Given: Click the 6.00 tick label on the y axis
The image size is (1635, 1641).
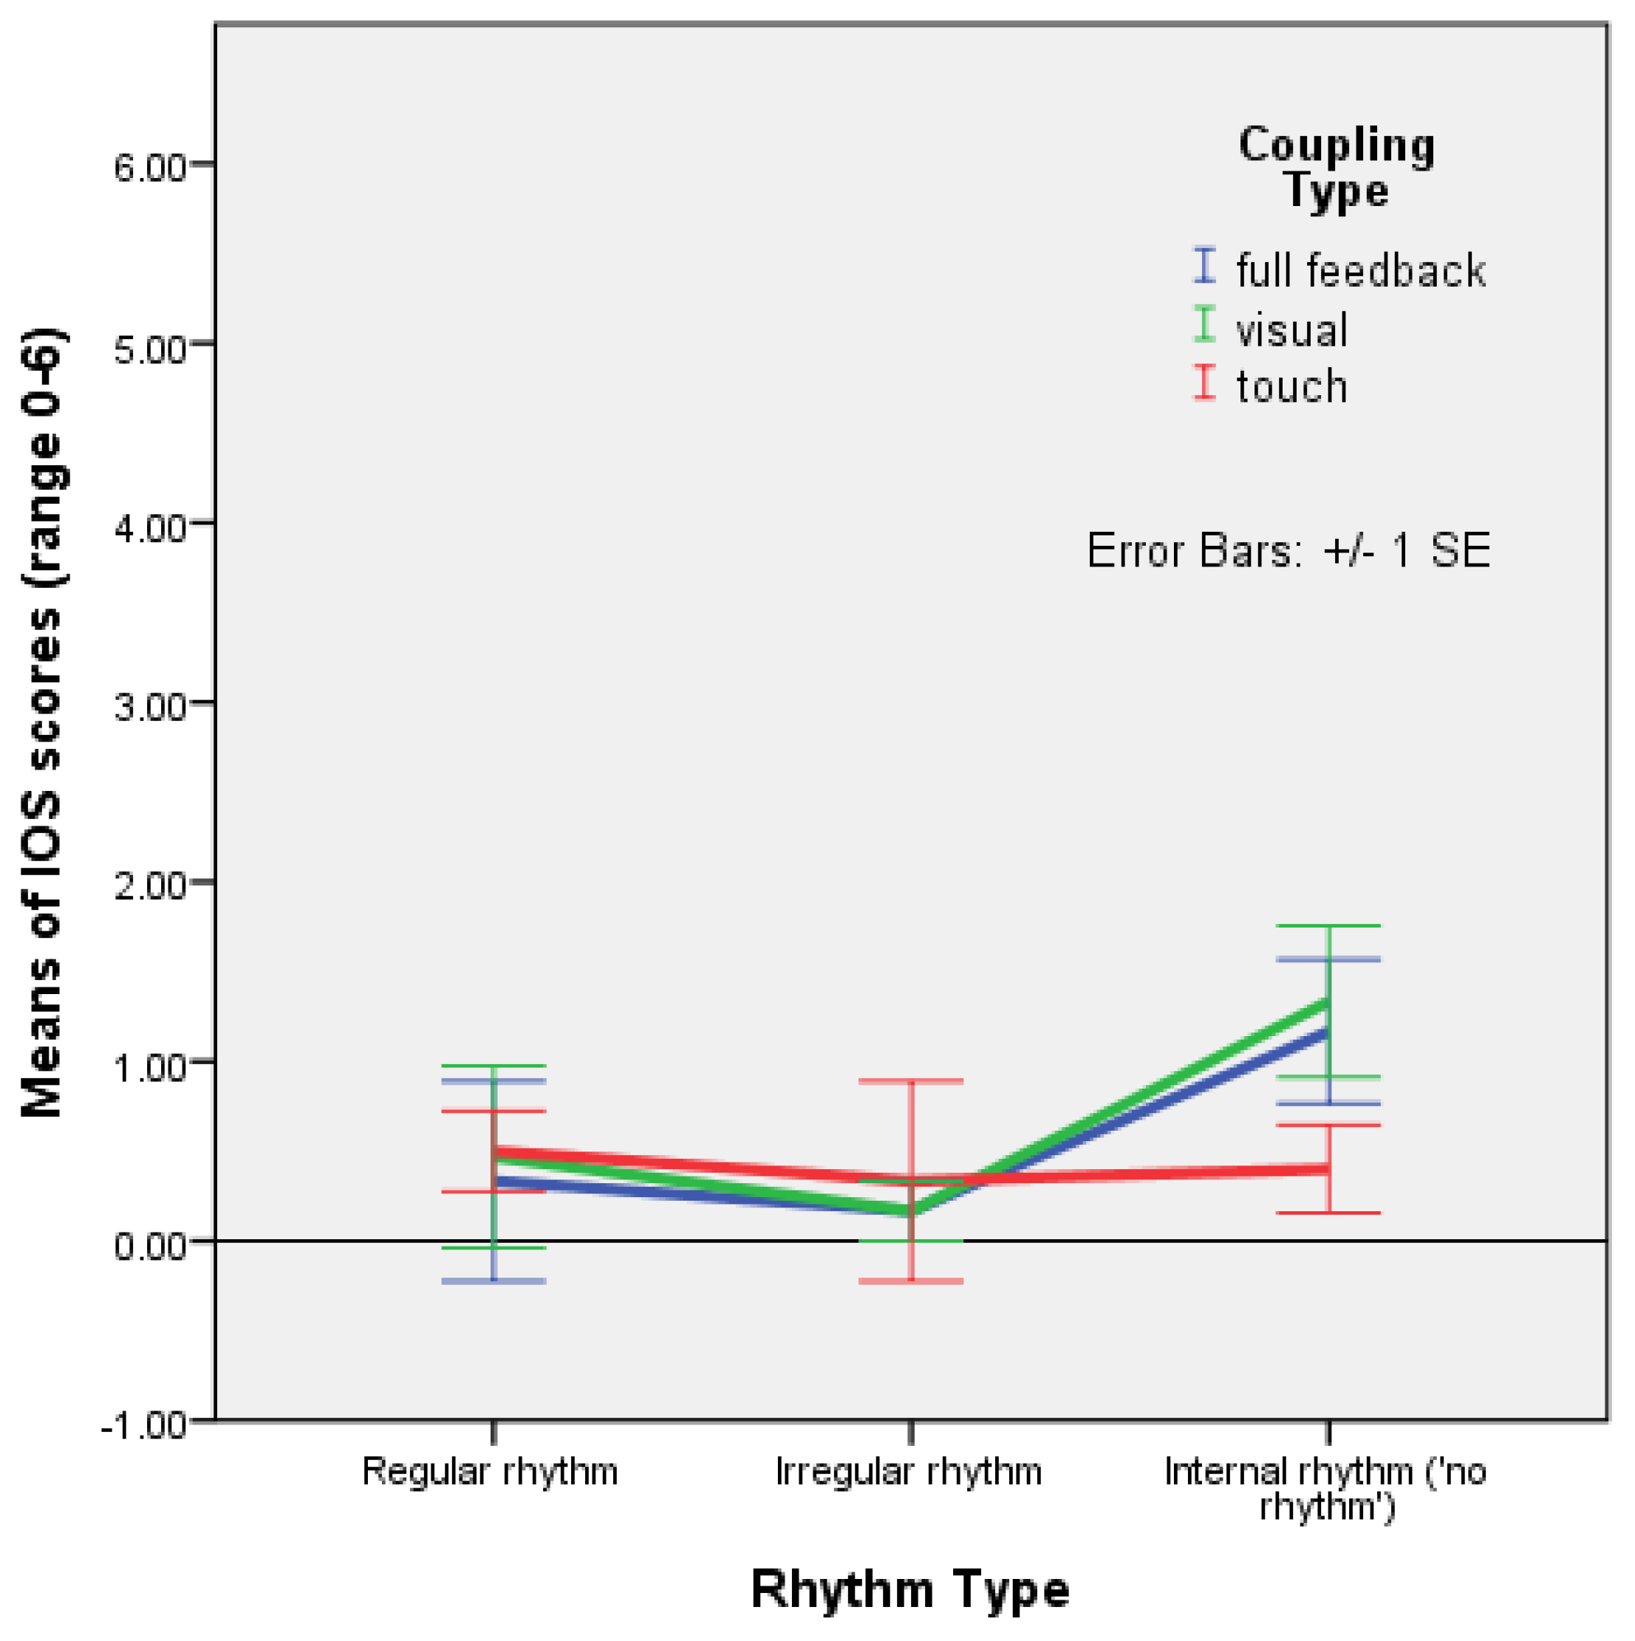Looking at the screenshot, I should [x=149, y=168].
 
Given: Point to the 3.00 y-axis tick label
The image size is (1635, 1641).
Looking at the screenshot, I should [x=149, y=707].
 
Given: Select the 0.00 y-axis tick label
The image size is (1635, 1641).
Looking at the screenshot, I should [x=149, y=1246].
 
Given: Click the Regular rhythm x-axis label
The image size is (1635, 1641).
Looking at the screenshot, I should [x=490, y=1471].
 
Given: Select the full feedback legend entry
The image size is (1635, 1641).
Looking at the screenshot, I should [x=1359, y=270].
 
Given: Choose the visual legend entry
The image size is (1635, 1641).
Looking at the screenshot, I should [x=1291, y=329].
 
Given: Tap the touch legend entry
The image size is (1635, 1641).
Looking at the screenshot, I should [x=1291, y=386].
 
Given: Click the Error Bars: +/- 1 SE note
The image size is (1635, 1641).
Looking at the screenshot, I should [x=1288, y=550].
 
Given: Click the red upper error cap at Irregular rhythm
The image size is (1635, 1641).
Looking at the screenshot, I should [x=911, y=1081].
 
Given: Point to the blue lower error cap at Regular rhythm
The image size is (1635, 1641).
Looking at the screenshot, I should [x=494, y=1281].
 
